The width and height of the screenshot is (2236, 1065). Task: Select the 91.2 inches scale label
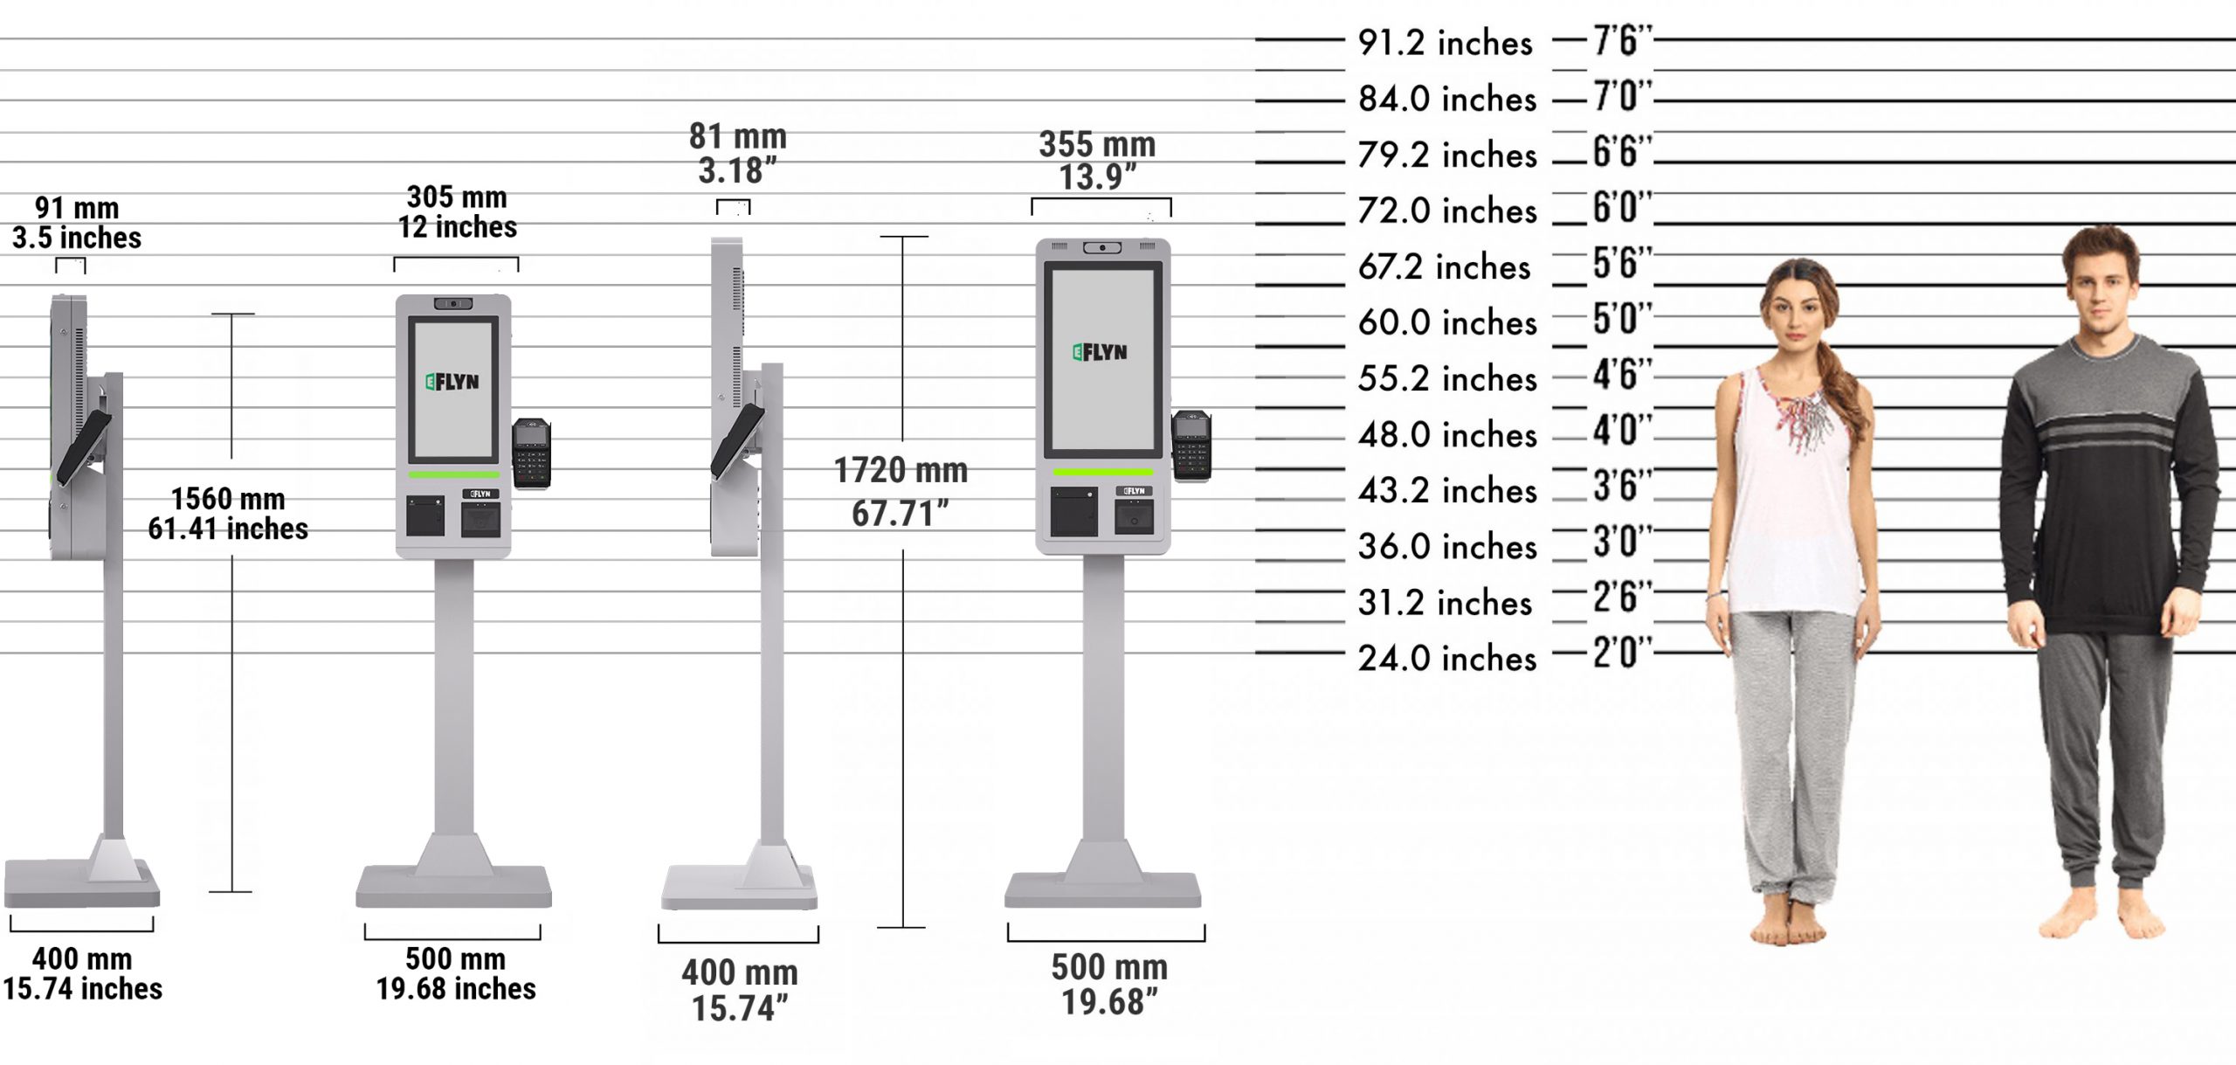(1445, 43)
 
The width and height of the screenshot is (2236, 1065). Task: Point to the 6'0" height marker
(1621, 208)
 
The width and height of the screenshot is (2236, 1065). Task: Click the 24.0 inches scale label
(1446, 658)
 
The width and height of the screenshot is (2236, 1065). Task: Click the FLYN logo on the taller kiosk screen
(1101, 352)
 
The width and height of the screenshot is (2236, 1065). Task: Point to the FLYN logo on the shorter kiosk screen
(452, 382)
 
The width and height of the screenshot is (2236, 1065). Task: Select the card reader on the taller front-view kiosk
(1191, 446)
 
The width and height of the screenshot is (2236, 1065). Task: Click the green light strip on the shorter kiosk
(453, 475)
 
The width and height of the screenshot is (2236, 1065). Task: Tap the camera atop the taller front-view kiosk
(1102, 248)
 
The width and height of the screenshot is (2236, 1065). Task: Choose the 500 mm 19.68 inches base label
(455, 973)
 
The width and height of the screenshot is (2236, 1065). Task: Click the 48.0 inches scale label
(1446, 434)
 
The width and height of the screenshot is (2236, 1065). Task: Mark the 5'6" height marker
(1621, 264)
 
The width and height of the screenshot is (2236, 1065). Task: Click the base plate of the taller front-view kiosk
(1102, 889)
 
